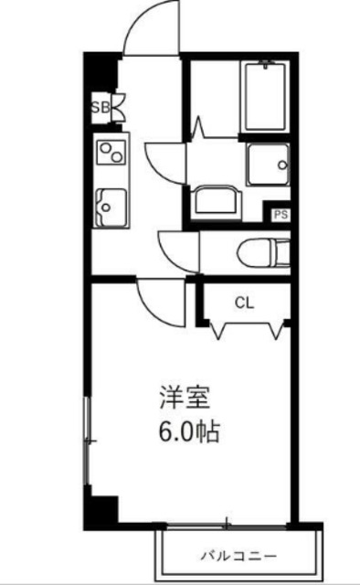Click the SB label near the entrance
coord(100,107)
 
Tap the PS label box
coord(281,215)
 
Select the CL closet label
coord(243,303)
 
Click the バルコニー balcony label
coord(239,555)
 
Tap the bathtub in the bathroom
coord(266,98)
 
